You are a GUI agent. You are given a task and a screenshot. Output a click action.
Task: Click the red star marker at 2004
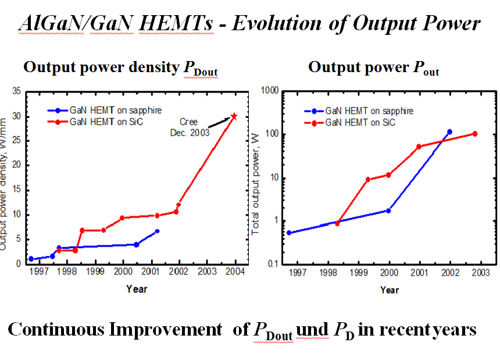pos(234,116)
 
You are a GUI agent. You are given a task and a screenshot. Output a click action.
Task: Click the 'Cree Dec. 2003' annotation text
pos(188,127)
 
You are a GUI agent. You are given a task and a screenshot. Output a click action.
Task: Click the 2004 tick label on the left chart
pos(235,272)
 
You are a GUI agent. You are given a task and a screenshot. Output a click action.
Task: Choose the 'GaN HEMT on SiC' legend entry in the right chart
pos(355,122)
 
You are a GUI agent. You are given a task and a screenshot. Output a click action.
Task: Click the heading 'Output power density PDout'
pos(120,68)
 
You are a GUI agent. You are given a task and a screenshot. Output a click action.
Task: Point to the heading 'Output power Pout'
pos(373,68)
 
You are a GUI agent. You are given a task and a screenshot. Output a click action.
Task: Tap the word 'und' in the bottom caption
pos(312,330)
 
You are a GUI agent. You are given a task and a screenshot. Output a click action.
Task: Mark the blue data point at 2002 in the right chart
pos(449,132)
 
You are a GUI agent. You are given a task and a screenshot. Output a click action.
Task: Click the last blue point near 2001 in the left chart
pos(157,231)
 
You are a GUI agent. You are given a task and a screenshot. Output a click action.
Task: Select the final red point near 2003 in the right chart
pos(475,134)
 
